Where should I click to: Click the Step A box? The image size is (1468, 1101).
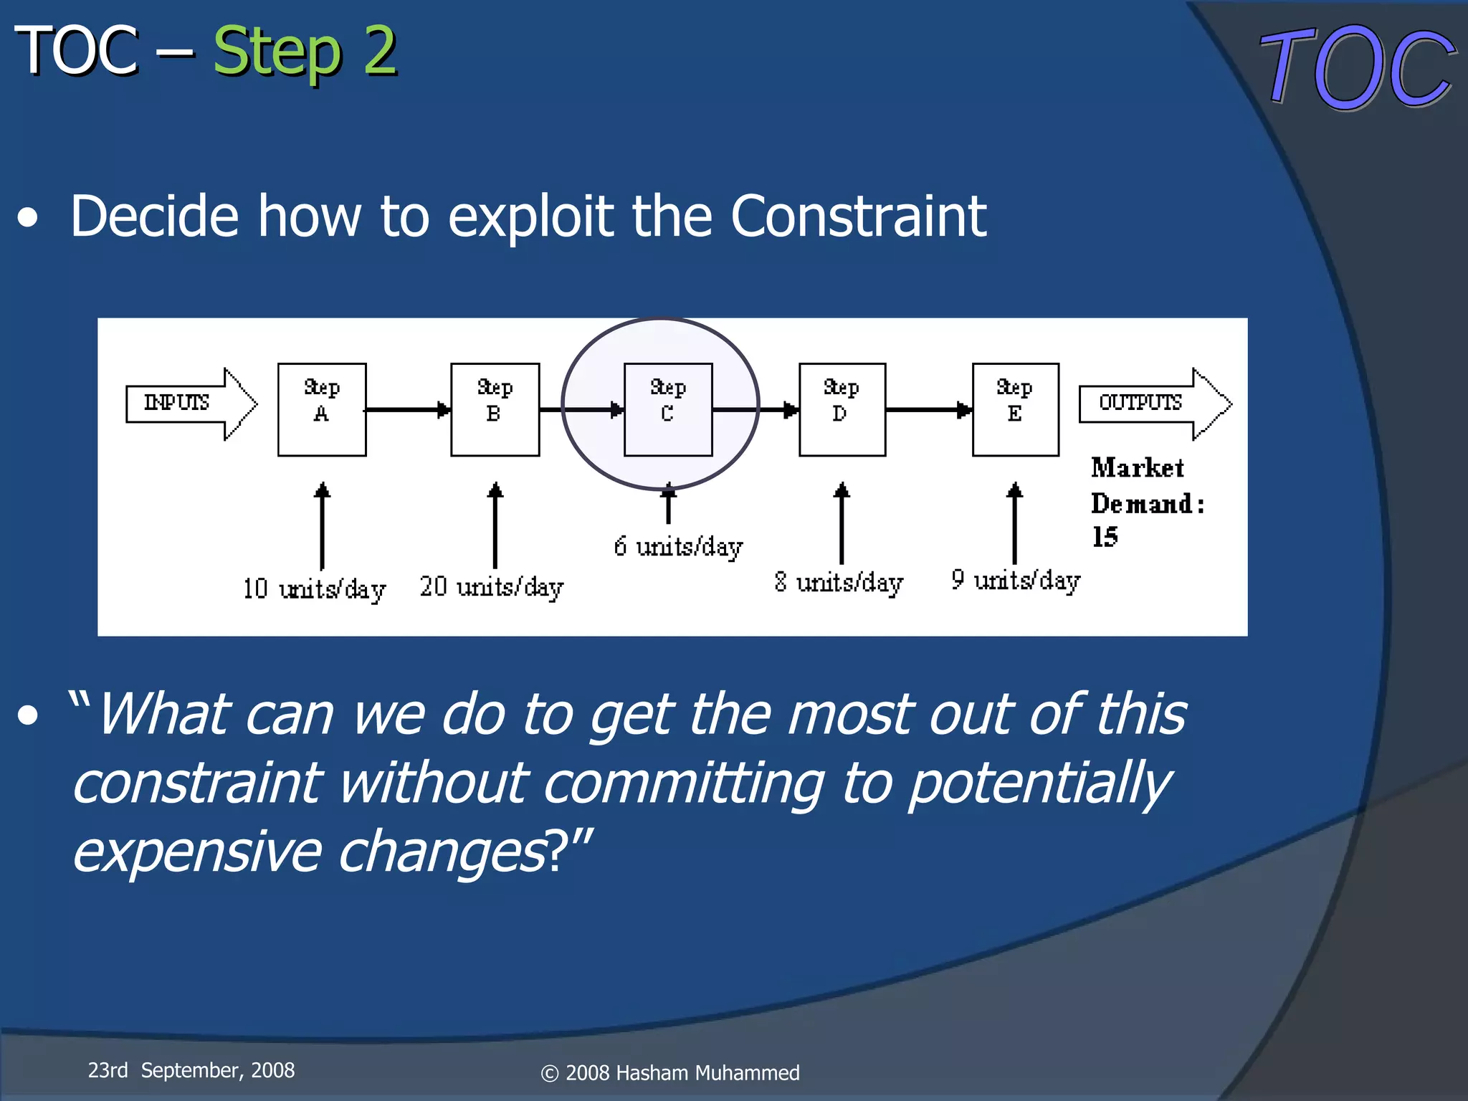pyautogui.click(x=322, y=409)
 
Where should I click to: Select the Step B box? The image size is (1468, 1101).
pyautogui.click(x=495, y=409)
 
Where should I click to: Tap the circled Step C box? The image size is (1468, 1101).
pyautogui.click(x=667, y=409)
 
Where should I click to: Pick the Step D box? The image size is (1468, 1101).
pyautogui.click(x=842, y=409)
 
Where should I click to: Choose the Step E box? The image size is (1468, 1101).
pyautogui.click(x=1015, y=409)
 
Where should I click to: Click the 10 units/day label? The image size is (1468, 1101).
pyautogui.click(x=314, y=589)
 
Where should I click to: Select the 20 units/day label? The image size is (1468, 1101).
pyautogui.click(x=492, y=587)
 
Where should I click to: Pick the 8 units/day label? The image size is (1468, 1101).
pyautogui.click(x=839, y=583)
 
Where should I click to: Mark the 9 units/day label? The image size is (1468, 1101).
pyautogui.click(x=1016, y=580)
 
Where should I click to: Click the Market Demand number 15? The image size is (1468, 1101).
pyautogui.click(x=1105, y=537)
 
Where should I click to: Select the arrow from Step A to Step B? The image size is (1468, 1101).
pyautogui.click(x=408, y=409)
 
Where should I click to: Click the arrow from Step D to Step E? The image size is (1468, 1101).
pyautogui.click(x=929, y=409)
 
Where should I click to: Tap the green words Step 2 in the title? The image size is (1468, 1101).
pyautogui.click(x=305, y=52)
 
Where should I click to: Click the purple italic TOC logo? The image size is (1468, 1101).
pyautogui.click(x=1357, y=68)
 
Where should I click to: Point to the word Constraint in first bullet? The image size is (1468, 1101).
pyautogui.click(x=858, y=216)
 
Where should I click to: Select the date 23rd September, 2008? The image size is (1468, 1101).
pyautogui.click(x=191, y=1070)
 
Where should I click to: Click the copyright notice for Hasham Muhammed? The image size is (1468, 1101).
pyautogui.click(x=670, y=1073)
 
